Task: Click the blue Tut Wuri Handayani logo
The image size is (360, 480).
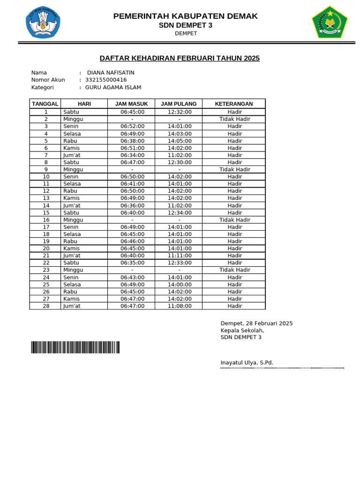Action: (x=43, y=22)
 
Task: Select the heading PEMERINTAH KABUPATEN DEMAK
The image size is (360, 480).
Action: (x=186, y=16)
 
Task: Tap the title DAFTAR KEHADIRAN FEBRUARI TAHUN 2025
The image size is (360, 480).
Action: (x=180, y=58)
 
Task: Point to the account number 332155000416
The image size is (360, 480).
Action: (x=106, y=80)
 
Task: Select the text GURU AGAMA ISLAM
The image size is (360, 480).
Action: (x=113, y=87)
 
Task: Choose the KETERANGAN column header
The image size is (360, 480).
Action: (x=233, y=104)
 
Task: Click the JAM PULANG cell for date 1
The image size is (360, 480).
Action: (x=180, y=112)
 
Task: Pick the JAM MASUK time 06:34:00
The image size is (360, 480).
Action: (x=132, y=155)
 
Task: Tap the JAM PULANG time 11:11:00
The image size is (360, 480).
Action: (x=180, y=255)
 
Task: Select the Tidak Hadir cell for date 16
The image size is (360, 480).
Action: (x=234, y=220)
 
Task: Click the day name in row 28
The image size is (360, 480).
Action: (x=72, y=306)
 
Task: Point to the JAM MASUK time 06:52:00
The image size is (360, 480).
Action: (x=132, y=127)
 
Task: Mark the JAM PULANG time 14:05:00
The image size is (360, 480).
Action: (x=180, y=141)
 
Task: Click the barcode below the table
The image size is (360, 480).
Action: (x=75, y=347)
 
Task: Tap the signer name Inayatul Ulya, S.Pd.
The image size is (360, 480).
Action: (x=247, y=363)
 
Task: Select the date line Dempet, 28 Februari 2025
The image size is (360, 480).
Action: (x=256, y=323)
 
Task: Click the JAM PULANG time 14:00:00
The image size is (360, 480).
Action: (x=180, y=285)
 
